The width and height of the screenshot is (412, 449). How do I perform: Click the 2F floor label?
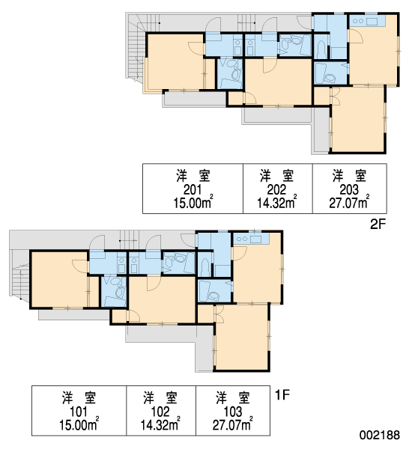click(x=378, y=224)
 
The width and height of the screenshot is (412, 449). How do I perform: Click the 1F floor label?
click(x=282, y=395)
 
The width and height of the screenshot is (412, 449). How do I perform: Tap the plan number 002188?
click(x=380, y=436)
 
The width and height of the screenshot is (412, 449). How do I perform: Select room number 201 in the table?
click(x=193, y=189)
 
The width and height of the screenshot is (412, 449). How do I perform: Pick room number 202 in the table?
click(x=276, y=189)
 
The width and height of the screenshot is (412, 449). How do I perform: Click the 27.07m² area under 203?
click(x=349, y=203)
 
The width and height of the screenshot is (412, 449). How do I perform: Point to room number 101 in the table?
click(x=79, y=412)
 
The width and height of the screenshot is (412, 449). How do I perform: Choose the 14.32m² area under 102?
click(x=160, y=424)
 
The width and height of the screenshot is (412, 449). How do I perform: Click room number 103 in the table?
click(x=233, y=412)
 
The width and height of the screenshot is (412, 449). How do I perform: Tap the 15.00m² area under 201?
click(x=193, y=203)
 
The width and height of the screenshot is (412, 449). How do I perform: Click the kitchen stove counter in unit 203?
click(x=368, y=21)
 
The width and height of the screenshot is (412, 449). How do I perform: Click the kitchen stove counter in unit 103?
click(x=252, y=239)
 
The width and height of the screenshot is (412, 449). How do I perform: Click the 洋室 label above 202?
click(x=276, y=176)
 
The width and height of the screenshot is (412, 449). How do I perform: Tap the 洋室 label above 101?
click(x=79, y=398)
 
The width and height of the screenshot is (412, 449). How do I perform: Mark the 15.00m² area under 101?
click(x=79, y=424)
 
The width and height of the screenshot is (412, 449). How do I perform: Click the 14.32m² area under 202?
click(x=276, y=203)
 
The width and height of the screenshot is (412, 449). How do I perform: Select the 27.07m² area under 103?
click(x=233, y=424)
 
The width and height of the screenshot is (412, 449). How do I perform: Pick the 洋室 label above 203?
click(x=349, y=176)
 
